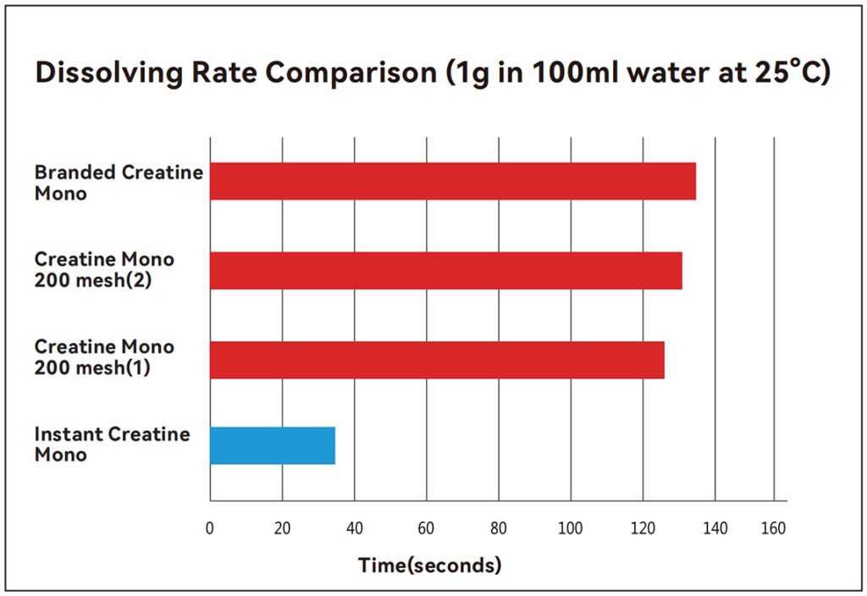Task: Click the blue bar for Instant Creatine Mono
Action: (273, 445)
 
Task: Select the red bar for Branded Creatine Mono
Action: (453, 181)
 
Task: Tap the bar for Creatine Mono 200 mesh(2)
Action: (446, 270)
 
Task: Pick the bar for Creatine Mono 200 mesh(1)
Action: (437, 360)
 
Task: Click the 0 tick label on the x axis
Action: (210, 529)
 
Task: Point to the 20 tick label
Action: (282, 529)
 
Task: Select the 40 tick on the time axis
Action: (355, 529)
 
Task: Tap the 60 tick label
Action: (427, 529)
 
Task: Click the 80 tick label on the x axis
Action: (499, 529)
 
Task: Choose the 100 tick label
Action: (571, 529)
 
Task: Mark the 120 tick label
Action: (643, 529)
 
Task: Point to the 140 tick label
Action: (715, 529)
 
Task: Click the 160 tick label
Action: (773, 529)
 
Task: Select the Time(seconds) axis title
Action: (429, 565)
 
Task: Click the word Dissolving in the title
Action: (107, 74)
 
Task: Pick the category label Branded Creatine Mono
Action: (118, 182)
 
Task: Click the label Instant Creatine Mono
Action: (112, 444)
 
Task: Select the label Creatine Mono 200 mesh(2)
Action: (104, 270)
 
